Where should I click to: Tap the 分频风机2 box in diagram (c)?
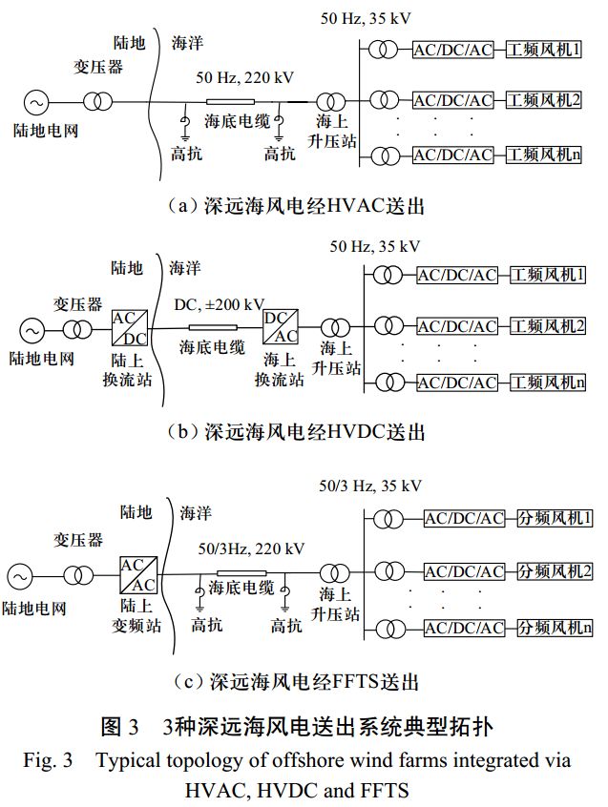coord(556,572)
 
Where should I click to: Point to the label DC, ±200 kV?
coord(219,305)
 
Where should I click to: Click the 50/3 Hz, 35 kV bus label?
coord(370,486)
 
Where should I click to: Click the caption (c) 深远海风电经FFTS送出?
coord(298,681)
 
